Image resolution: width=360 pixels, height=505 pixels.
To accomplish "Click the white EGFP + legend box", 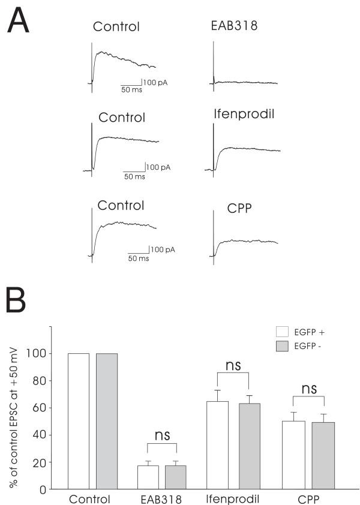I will click(x=283, y=331).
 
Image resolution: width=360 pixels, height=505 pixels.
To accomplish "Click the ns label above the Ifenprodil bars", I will click(x=231, y=365).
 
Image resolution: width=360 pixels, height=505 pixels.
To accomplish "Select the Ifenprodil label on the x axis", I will click(x=231, y=499).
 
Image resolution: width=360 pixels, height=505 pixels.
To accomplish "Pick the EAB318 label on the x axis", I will click(x=161, y=499).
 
